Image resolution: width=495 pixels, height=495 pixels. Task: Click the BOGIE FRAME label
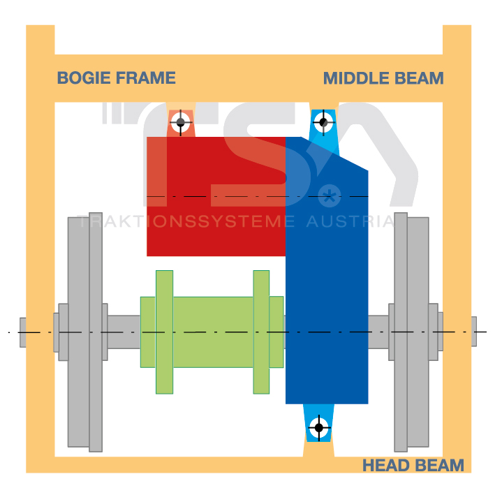point(116,77)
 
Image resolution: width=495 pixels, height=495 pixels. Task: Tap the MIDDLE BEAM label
point(383,78)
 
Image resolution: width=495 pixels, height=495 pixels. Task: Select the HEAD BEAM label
point(413,465)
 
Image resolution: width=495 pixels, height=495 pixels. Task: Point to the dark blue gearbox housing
point(327,293)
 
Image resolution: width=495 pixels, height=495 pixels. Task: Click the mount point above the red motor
point(181,122)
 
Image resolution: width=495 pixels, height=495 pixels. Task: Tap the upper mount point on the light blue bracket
point(323,122)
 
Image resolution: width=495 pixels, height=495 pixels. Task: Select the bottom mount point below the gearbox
point(319,427)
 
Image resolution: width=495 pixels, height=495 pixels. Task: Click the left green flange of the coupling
point(164,332)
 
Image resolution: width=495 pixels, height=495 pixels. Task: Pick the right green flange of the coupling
point(261,332)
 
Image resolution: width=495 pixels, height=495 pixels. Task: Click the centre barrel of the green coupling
point(213,332)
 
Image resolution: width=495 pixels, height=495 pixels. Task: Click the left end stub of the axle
point(23,332)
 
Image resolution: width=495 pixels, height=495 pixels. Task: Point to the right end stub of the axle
point(473,332)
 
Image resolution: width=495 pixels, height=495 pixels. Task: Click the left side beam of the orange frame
point(40,265)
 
